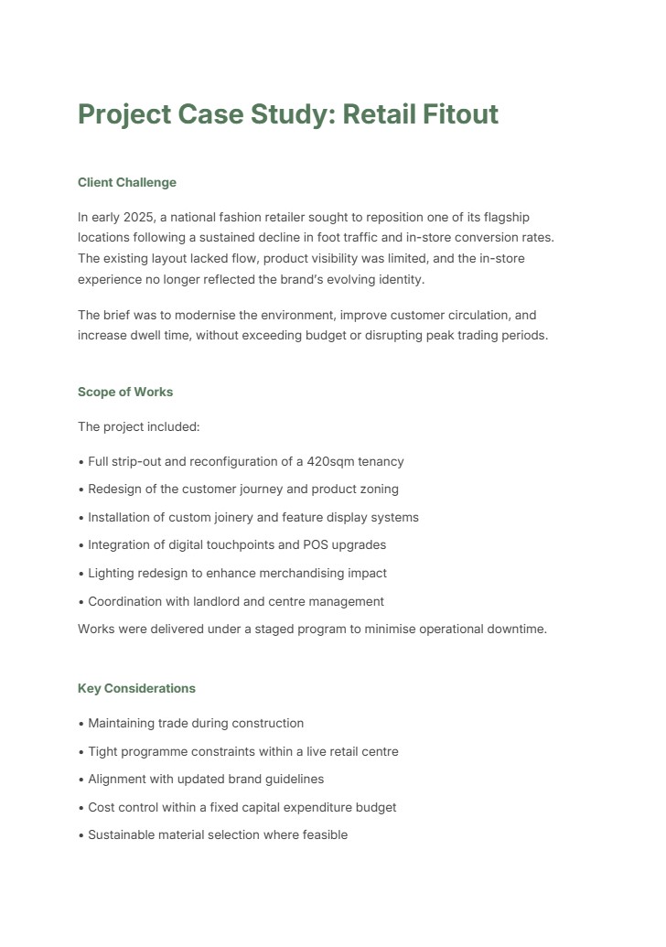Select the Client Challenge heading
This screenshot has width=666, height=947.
click(127, 182)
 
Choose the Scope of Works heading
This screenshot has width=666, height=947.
click(125, 392)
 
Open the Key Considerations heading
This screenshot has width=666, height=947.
click(136, 688)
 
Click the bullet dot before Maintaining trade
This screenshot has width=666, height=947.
click(81, 724)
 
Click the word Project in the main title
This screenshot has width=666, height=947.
click(124, 114)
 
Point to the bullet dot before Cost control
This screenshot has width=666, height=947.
click(81, 808)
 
